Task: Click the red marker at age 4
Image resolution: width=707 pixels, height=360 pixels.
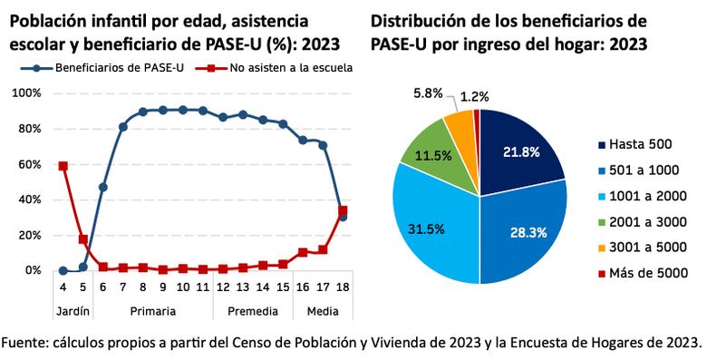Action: [x=63, y=166]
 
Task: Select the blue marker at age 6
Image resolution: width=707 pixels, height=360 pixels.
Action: [x=102, y=187]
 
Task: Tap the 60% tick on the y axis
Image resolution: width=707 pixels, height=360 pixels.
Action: [x=27, y=164]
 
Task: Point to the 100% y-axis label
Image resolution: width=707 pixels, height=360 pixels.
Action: [x=24, y=93]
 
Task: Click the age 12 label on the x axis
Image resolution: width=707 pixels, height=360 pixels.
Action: [x=222, y=287]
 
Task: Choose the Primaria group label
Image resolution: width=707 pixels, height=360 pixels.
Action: [x=152, y=310]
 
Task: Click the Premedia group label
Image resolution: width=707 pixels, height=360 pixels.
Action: [x=252, y=310]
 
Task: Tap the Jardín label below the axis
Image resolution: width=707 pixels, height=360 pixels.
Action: [x=73, y=310]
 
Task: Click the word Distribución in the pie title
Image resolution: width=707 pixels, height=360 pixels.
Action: [x=421, y=20]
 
